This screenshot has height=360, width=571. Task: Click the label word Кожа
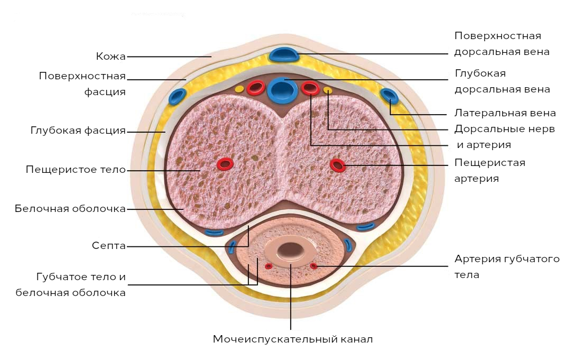110,57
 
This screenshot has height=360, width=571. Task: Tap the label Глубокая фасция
78,131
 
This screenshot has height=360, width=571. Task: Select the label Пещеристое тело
76,170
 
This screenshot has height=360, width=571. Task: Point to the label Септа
108,246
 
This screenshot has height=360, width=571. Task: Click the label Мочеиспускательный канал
293,339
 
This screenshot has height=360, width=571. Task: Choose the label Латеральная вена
505,113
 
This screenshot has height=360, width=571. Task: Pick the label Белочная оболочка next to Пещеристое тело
70,209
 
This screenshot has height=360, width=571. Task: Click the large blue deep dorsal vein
280,89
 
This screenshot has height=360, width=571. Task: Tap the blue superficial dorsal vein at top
284,54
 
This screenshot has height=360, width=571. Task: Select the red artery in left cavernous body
225,164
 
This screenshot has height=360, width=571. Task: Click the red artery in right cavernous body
337,165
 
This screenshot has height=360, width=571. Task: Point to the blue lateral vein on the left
177,96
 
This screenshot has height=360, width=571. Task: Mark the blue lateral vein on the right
389,96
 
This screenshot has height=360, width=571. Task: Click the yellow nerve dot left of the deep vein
240,89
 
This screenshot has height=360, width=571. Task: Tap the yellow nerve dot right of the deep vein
328,89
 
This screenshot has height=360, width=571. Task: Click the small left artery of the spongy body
269,266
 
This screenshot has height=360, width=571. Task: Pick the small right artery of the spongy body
314,266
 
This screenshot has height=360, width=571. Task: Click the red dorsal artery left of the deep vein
255,88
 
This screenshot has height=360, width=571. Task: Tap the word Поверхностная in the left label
82,77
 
